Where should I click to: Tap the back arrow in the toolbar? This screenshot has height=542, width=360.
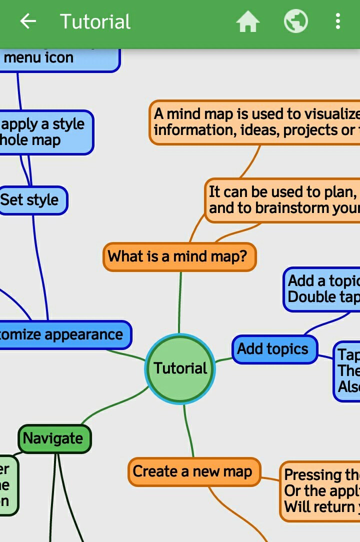[28, 21]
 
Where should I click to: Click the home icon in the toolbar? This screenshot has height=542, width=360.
[248, 22]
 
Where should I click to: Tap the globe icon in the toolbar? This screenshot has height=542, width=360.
[295, 22]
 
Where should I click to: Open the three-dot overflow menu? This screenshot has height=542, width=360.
[338, 21]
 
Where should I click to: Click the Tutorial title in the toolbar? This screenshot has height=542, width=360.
[95, 22]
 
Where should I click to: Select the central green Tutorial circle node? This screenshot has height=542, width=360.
[180, 368]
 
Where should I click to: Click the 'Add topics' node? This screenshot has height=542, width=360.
[274, 349]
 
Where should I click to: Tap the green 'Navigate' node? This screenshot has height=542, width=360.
[54, 438]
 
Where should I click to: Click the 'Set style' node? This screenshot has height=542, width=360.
[31, 200]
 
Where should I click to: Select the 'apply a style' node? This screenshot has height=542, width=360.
[45, 132]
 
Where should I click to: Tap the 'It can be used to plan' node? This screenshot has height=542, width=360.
[282, 200]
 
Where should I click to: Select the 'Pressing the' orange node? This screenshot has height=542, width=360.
[320, 490]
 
